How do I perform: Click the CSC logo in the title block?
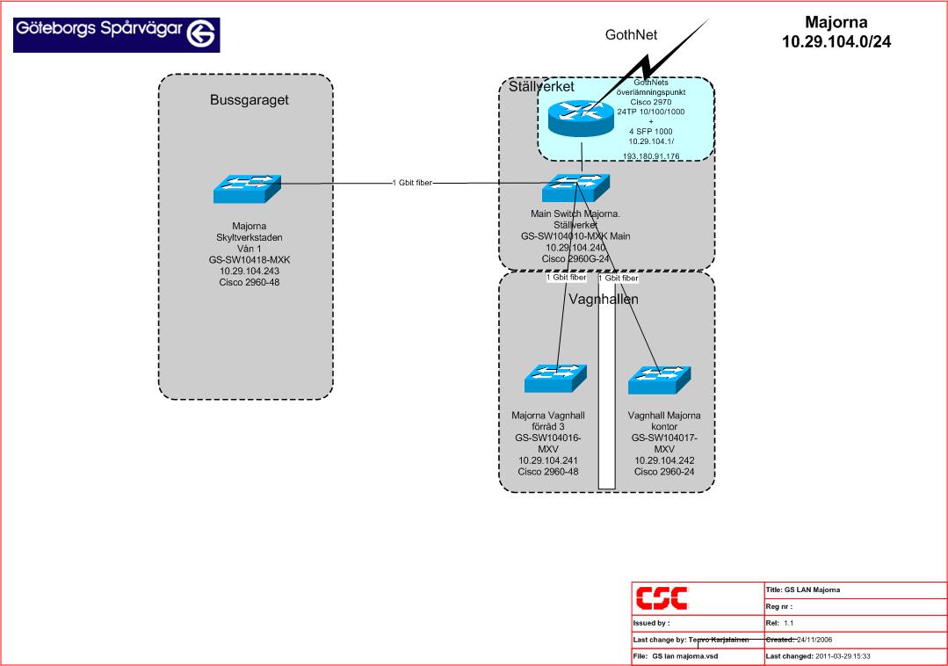pyautogui.click(x=662, y=597)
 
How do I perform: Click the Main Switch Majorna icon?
pyautogui.click(x=575, y=188)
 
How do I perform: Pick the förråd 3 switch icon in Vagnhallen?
pyautogui.click(x=555, y=379)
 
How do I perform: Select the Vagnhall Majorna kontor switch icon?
pyautogui.click(x=660, y=379)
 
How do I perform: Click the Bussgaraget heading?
pyautogui.click(x=249, y=100)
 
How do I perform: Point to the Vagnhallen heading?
pyautogui.click(x=604, y=300)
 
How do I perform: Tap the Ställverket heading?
pyautogui.click(x=541, y=87)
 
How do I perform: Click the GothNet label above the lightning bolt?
pyautogui.click(x=631, y=35)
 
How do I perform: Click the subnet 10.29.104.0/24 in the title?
pyautogui.click(x=836, y=41)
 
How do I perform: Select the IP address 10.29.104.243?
pyautogui.click(x=249, y=271)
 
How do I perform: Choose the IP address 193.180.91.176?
pyautogui.click(x=651, y=156)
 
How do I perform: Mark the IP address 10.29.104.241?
pyautogui.click(x=547, y=460)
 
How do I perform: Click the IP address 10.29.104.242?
pyautogui.click(x=664, y=460)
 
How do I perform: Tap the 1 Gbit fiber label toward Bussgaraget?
pyautogui.click(x=412, y=184)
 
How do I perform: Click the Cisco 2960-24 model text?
pyautogui.click(x=664, y=472)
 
